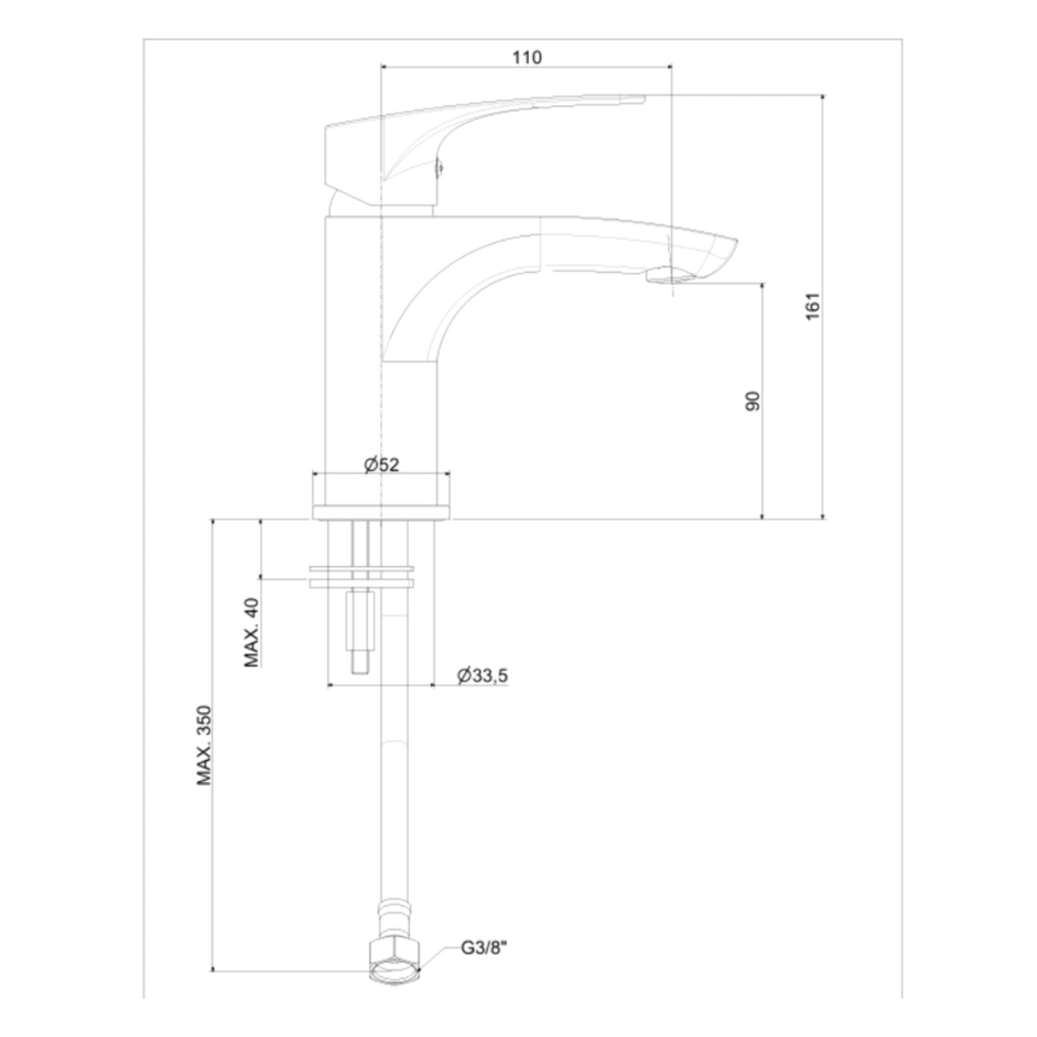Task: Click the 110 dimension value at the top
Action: (x=527, y=57)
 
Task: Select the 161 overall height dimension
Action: (x=813, y=306)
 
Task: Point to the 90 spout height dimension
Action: (x=752, y=401)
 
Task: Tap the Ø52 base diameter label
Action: (x=381, y=464)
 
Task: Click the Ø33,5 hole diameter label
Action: (x=482, y=676)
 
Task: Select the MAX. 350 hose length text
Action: (x=205, y=745)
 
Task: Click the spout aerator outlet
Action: (x=671, y=277)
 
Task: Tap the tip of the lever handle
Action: (x=636, y=99)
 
